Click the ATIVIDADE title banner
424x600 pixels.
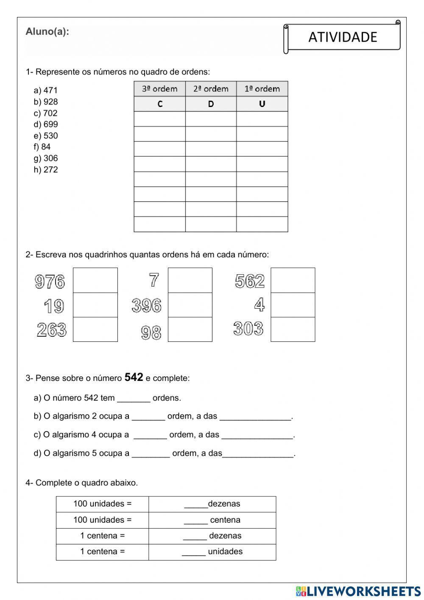[342, 37]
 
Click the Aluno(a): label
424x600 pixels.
[47, 31]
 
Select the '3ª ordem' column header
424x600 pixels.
[159, 89]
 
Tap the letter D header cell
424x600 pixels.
[211, 104]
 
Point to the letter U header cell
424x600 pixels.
[262, 104]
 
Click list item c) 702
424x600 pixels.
[45, 113]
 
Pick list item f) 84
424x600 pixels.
[42, 147]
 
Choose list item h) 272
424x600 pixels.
[45, 169]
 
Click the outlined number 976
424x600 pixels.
[50, 281]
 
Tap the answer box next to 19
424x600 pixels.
[95, 305]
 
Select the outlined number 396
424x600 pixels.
[147, 306]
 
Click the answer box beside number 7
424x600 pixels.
[190, 280]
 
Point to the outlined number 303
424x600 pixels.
[248, 329]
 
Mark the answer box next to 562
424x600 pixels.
[293, 280]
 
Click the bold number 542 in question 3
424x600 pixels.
[134, 377]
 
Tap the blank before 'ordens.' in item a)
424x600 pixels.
[134, 398]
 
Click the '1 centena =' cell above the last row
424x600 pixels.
[102, 536]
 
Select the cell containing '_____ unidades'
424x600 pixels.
[212, 552]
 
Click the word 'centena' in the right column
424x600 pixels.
[225, 520]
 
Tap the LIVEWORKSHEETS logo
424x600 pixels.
[358, 591]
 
